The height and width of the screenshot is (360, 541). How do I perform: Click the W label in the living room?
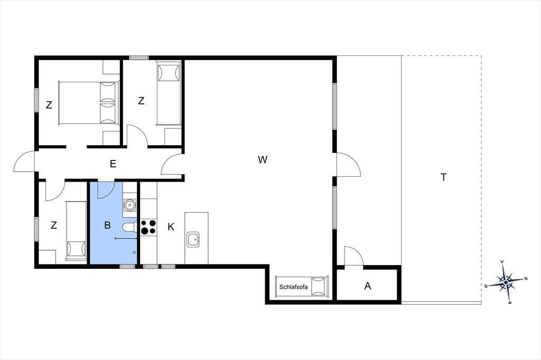(x=263, y=159)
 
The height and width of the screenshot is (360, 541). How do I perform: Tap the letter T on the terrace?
(x=443, y=177)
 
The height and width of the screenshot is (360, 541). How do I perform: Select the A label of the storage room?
(x=368, y=286)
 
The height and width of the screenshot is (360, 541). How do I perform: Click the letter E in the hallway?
(x=113, y=164)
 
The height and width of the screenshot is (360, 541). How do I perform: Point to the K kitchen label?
(x=171, y=226)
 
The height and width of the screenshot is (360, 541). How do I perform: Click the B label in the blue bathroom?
(x=107, y=225)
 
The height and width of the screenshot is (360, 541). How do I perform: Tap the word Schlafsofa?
(x=293, y=287)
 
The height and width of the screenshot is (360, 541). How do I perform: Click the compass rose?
(x=506, y=282)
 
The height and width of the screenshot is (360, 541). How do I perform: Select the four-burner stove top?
(x=148, y=227)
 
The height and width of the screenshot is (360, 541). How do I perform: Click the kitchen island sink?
(x=193, y=239)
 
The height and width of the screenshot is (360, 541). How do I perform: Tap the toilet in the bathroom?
(x=130, y=228)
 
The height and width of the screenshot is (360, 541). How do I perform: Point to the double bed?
(x=89, y=103)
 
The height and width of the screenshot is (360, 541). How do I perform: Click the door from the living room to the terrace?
(x=349, y=165)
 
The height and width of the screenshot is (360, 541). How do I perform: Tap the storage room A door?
(x=353, y=256)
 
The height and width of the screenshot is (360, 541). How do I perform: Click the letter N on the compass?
(x=526, y=279)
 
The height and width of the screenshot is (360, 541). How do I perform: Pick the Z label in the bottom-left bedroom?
(x=53, y=225)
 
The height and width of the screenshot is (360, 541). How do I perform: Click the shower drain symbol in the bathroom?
(x=134, y=253)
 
